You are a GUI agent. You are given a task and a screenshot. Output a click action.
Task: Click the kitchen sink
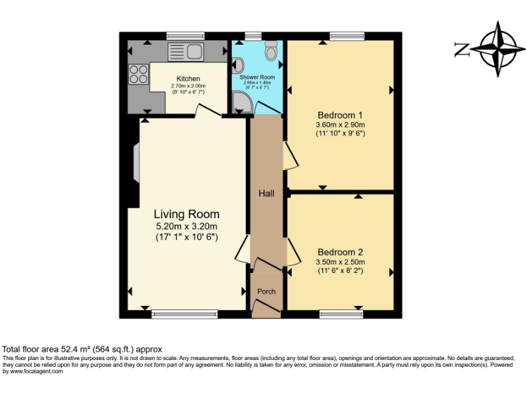click(x=183, y=51)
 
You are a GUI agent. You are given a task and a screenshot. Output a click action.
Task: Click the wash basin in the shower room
click(x=238, y=66)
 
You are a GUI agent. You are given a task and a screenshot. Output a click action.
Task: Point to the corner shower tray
click(x=241, y=102)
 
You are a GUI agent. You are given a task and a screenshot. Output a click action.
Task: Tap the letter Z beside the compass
click(x=462, y=49)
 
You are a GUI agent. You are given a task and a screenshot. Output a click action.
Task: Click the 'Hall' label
click(x=266, y=193)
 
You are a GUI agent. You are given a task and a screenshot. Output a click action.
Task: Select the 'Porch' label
click(x=266, y=291)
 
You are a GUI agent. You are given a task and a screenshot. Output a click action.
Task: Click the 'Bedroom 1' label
click(x=340, y=115)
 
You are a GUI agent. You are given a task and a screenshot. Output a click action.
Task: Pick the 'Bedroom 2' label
click(x=340, y=252)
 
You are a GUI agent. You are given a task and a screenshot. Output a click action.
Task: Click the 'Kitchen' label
click(x=188, y=79)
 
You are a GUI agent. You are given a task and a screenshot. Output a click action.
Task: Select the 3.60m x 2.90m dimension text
click(x=340, y=125)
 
